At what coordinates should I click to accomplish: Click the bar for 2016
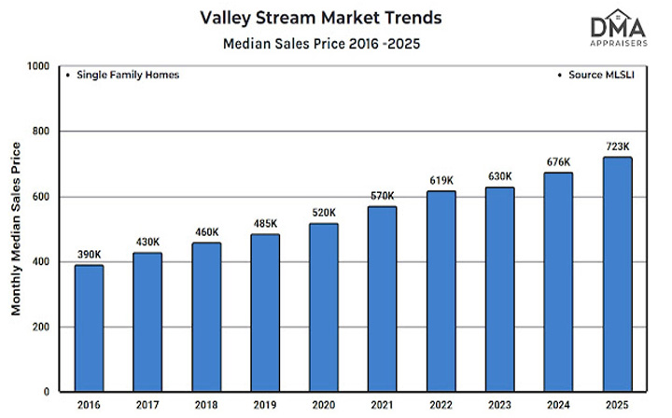click(90, 327)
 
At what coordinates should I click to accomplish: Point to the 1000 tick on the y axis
click(38, 67)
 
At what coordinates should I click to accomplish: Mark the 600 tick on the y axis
click(42, 198)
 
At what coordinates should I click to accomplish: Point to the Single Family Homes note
click(121, 75)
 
